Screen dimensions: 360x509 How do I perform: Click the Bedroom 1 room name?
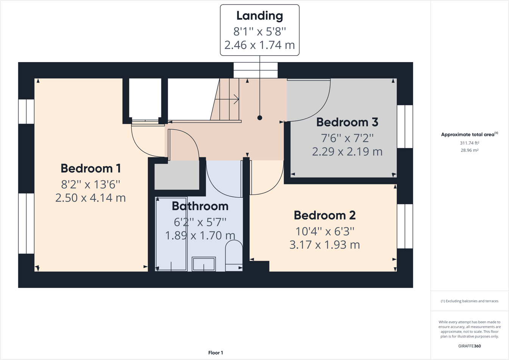(x=91, y=168)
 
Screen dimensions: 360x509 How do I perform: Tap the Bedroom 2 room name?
(x=325, y=215)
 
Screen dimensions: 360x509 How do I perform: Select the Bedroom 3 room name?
(x=347, y=122)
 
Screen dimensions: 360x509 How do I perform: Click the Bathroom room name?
(x=200, y=206)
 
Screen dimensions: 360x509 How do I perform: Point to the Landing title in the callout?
(x=259, y=16)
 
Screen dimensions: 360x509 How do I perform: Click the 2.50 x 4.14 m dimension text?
(x=91, y=198)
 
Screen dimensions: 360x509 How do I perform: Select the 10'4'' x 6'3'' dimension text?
(x=325, y=231)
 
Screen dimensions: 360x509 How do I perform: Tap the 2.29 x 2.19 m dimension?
(x=347, y=151)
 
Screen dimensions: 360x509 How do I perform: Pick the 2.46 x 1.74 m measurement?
(x=259, y=45)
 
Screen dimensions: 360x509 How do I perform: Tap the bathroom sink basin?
(x=204, y=264)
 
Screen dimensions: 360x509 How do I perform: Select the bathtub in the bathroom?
(x=171, y=234)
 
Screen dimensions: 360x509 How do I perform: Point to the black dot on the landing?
(x=259, y=118)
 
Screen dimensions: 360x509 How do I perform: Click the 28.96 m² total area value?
(x=470, y=150)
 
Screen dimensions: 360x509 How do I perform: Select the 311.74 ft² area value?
(x=470, y=143)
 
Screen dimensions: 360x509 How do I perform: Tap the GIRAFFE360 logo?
(x=470, y=346)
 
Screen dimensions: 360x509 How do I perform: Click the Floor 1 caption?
(x=215, y=353)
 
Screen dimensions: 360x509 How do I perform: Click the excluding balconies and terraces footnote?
(x=470, y=301)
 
